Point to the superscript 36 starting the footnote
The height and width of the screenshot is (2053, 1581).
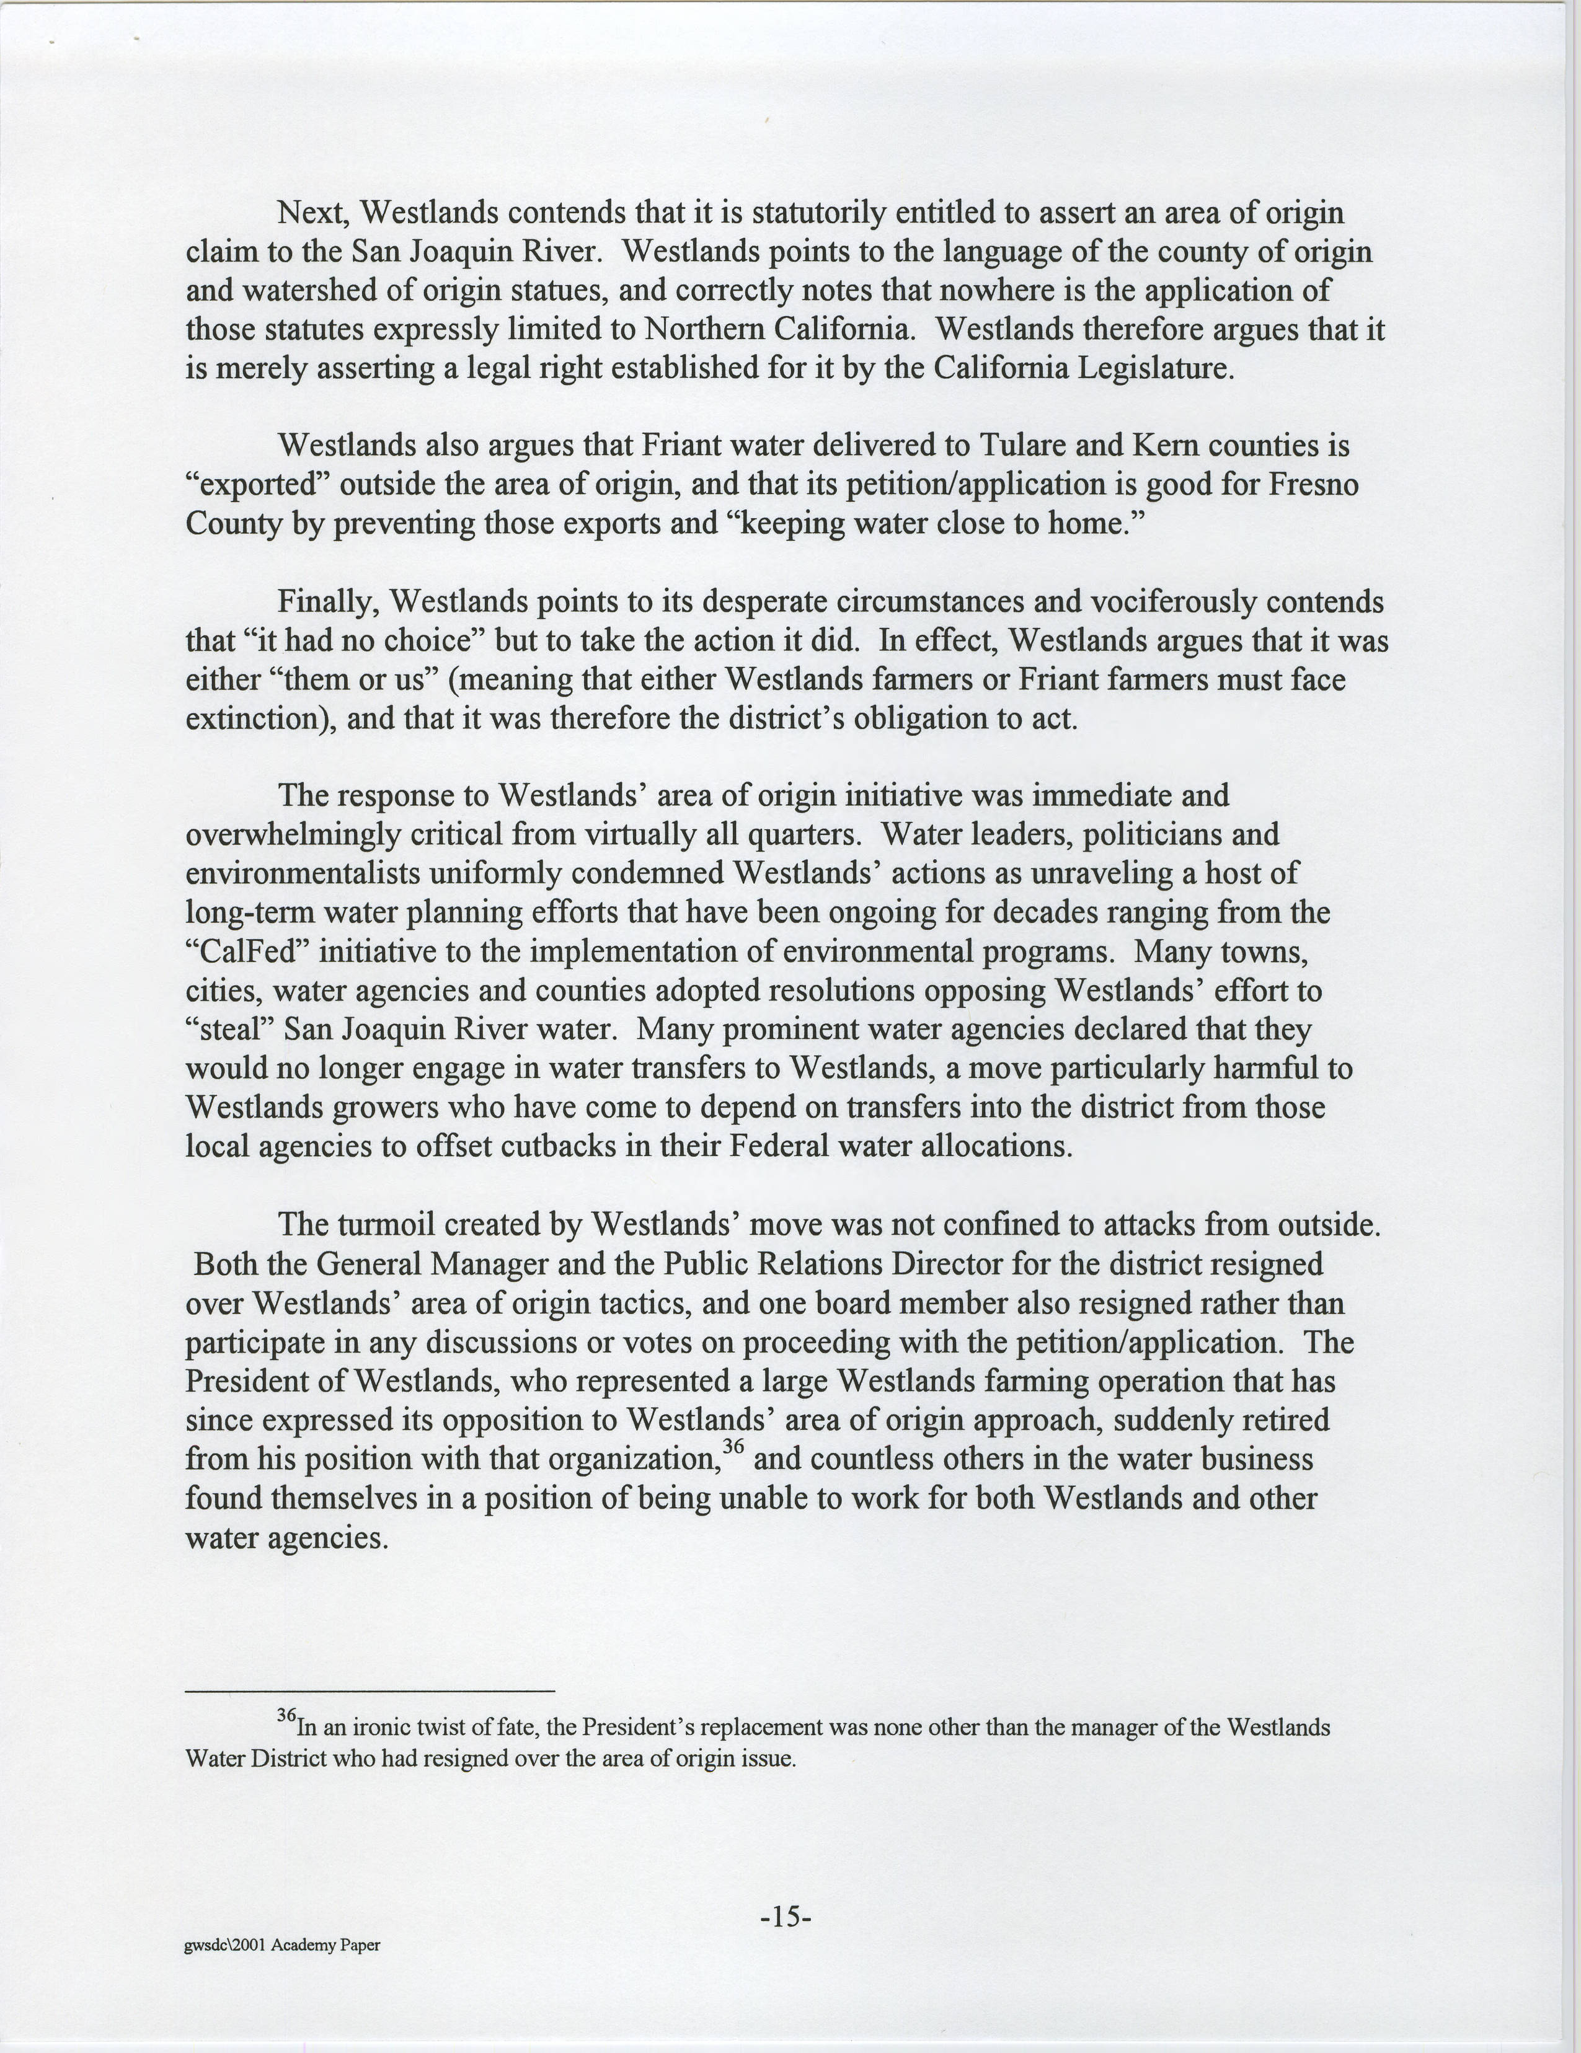[286, 1716]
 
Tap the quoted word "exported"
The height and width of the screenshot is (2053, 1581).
[254, 485]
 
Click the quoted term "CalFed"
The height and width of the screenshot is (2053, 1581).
[247, 951]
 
